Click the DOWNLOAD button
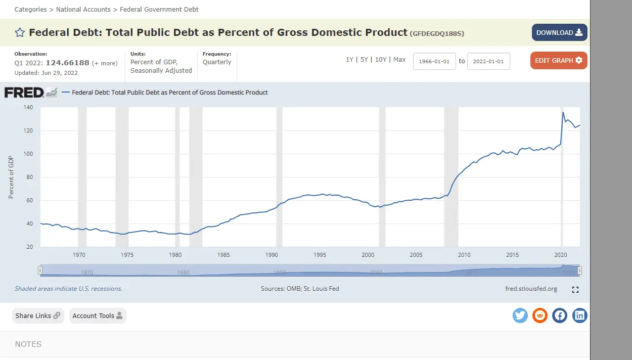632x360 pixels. pyautogui.click(x=559, y=32)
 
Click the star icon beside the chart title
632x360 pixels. pyautogui.click(x=20, y=33)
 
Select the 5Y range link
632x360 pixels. pyautogui.click(x=364, y=60)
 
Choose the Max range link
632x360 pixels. pyautogui.click(x=399, y=60)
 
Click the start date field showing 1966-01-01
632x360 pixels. pyautogui.click(x=434, y=61)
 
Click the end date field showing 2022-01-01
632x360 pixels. pyautogui.click(x=488, y=61)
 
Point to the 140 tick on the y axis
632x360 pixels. pyautogui.click(x=28, y=107)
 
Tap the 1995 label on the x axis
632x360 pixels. pyautogui.click(x=320, y=255)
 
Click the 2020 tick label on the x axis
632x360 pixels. pyautogui.click(x=561, y=255)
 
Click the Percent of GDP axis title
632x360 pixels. pyautogui.click(x=11, y=177)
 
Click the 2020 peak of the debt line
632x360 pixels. pyautogui.click(x=563, y=112)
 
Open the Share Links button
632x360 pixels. pyautogui.click(x=38, y=316)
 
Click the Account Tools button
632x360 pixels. pyautogui.click(x=98, y=316)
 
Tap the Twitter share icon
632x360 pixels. pyautogui.click(x=520, y=316)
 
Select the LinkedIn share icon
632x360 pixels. pyautogui.click(x=579, y=316)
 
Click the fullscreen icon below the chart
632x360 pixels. pyautogui.click(x=575, y=290)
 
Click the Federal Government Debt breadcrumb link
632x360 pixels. pyautogui.click(x=159, y=9)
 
